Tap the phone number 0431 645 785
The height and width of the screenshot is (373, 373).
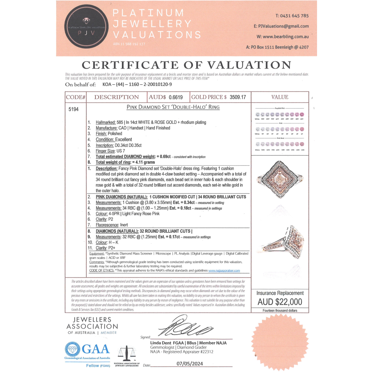pos(292,16)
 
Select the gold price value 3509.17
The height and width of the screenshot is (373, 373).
pos(238,97)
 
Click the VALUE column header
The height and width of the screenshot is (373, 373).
pos(280,97)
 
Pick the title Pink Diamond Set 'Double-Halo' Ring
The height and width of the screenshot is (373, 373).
pos(173,107)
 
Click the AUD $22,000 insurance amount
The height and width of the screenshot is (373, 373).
pos(280,302)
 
